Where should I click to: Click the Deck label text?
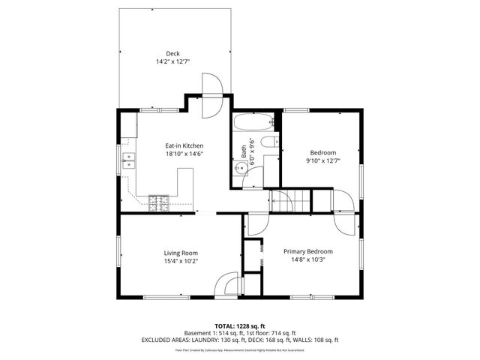pos(173,52)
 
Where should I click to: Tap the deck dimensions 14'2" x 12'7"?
pos(173,61)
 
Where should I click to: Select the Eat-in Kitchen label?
pos(184,145)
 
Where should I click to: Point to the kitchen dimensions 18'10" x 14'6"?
pos(184,154)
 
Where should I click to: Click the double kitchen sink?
pos(129,160)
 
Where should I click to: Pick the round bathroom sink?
pos(241,169)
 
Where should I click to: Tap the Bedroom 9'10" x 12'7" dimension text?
pos(323,160)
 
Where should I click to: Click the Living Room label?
pos(181,253)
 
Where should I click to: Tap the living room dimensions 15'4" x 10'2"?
pos(181,261)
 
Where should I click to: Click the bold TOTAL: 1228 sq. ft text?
pos(240,326)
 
